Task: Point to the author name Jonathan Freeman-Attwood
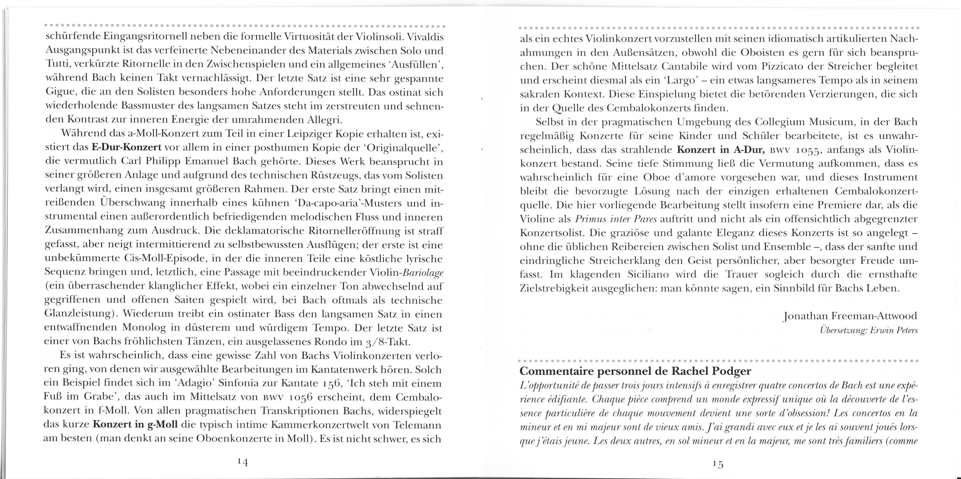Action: (850, 317)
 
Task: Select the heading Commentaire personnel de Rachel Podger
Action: (635, 372)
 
